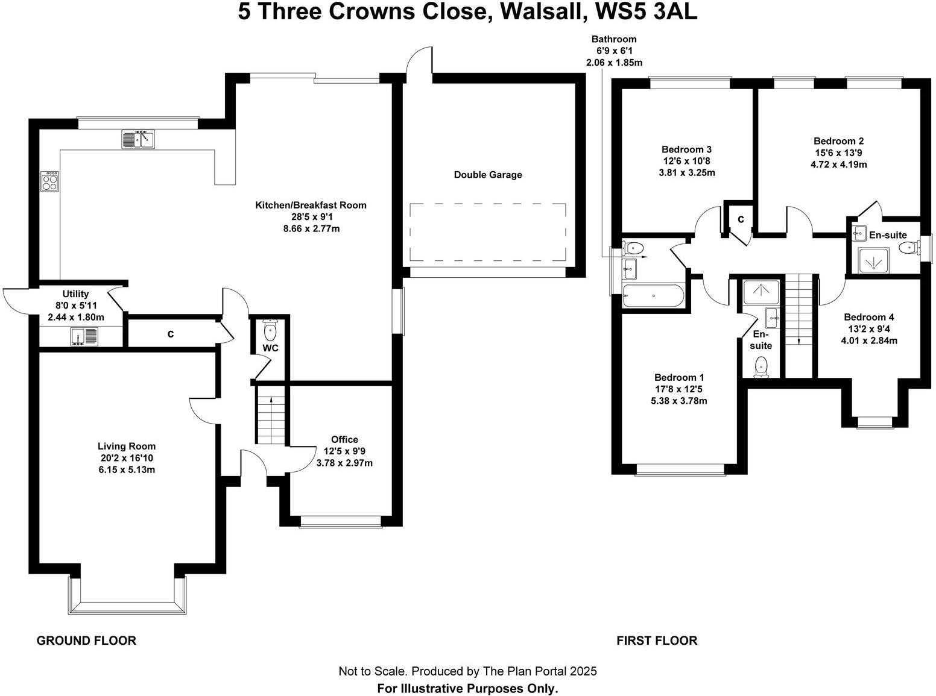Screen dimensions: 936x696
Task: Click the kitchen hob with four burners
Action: pyautogui.click(x=50, y=181)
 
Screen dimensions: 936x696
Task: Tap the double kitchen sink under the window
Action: pyautogui.click(x=139, y=139)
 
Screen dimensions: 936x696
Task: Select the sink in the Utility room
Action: pyautogui.click(x=84, y=337)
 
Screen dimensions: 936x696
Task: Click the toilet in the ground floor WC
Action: pyautogui.click(x=270, y=330)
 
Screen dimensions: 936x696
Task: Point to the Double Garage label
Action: pyautogui.click(x=488, y=175)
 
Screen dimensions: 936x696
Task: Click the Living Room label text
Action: pyautogui.click(x=127, y=447)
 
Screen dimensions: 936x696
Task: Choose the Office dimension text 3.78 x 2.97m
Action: pyautogui.click(x=344, y=463)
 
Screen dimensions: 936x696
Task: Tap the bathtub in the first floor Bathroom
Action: pyautogui.click(x=653, y=296)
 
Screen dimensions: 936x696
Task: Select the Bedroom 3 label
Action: pyautogui.click(x=686, y=149)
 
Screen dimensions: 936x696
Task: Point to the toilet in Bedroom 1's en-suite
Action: pyautogui.click(x=761, y=368)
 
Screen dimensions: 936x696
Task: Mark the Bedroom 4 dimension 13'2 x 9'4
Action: pyautogui.click(x=869, y=329)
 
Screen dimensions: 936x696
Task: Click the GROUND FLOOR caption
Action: pyautogui.click(x=86, y=641)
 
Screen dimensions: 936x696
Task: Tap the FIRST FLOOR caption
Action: pyautogui.click(x=657, y=641)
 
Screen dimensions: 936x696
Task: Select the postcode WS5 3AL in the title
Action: pyautogui.click(x=646, y=12)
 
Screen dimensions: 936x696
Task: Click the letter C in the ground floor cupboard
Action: pyautogui.click(x=171, y=334)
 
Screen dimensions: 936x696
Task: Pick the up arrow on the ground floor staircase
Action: pyautogui.click(x=271, y=401)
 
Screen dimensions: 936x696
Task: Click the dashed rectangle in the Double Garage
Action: pyautogui.click(x=488, y=233)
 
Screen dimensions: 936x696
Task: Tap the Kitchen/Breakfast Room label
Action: pyautogui.click(x=311, y=205)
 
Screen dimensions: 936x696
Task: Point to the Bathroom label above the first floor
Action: pyautogui.click(x=614, y=39)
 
